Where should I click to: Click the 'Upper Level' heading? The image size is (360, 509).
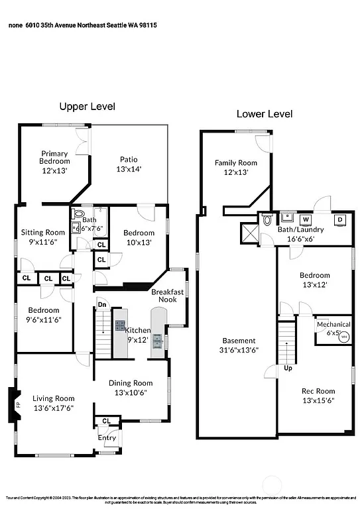coord(87,106)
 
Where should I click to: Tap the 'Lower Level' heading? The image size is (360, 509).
coord(265,114)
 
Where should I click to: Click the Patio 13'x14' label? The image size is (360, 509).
coord(129,164)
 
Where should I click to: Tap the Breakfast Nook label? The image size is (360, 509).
coord(163,296)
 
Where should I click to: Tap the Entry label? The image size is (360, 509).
coord(107,437)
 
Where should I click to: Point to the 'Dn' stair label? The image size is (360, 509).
coord(101,305)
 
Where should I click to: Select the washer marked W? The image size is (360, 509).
coord(306,219)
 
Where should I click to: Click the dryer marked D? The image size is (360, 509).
coord(339,220)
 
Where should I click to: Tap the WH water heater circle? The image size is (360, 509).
coord(343,337)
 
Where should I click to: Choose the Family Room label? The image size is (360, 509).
coord(235,167)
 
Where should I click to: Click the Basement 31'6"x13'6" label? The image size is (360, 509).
coord(239,345)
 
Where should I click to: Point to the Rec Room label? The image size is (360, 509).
coord(315,396)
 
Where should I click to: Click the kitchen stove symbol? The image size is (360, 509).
coord(120,325)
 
